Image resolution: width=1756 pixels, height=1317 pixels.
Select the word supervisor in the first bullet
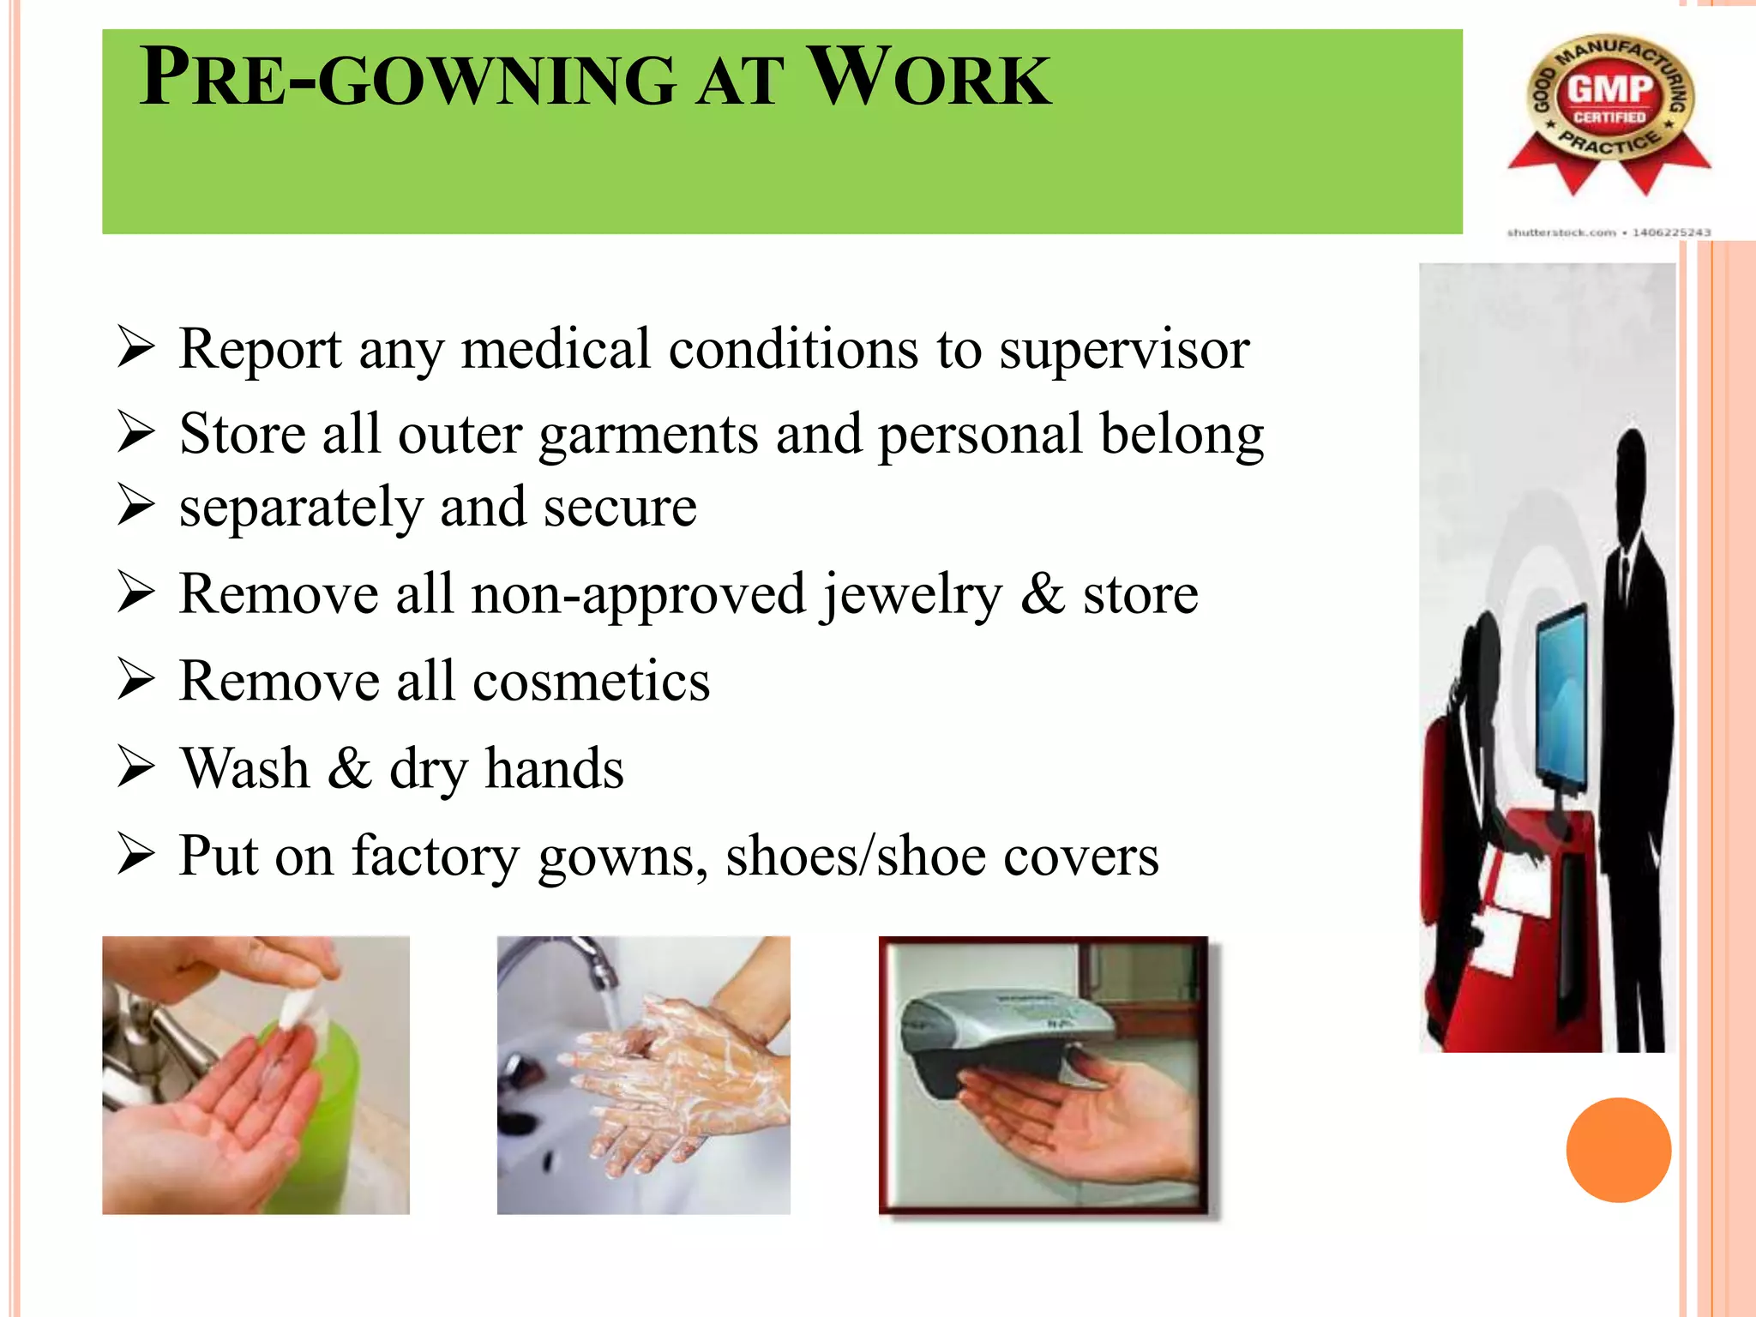1124,350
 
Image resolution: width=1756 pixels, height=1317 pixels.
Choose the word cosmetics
591,682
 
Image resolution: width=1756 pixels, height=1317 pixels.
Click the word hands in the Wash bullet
554,768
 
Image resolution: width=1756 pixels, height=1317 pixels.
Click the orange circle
1618,1150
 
